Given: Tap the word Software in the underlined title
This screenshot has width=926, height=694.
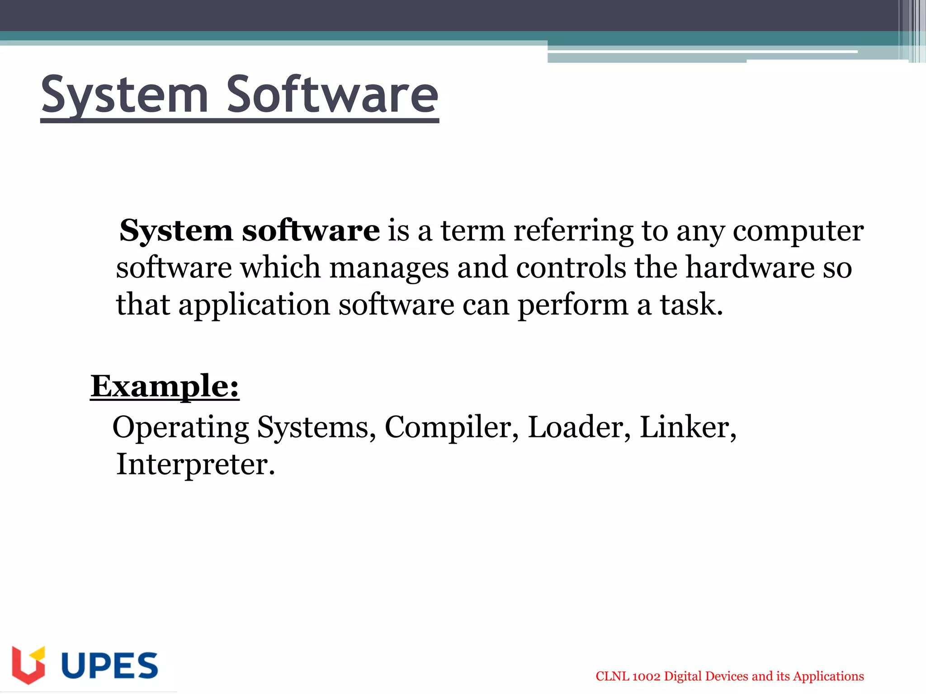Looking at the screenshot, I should (332, 95).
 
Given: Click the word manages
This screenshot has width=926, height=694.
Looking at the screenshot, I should (389, 268).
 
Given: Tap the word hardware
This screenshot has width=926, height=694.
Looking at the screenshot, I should (750, 267).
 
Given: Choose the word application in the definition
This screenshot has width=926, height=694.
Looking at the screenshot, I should (254, 305).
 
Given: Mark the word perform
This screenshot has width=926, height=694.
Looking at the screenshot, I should (572, 305).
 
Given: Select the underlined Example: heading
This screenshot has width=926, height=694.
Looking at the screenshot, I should (165, 387).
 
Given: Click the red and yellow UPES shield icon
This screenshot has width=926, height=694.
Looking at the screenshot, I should (28, 665).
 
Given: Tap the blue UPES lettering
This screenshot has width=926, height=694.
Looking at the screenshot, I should (109, 665).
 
